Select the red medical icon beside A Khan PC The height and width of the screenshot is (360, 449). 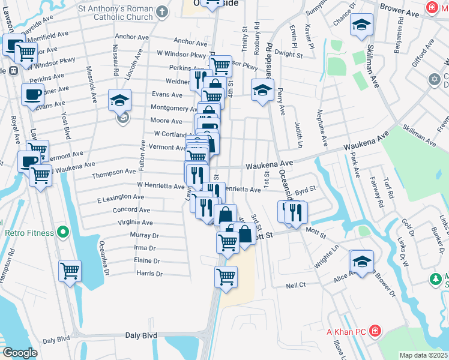pos(375,331)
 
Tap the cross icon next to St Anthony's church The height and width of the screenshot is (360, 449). pos(161,11)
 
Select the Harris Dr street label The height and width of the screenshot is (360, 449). pos(149,274)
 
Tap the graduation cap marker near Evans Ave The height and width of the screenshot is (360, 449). pos(120,98)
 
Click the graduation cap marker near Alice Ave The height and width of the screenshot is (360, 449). pos(362,259)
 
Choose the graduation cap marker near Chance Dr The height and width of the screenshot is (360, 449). pos(361,25)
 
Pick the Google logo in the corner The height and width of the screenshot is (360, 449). pos(20,353)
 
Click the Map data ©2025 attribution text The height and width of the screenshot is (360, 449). pos(424,355)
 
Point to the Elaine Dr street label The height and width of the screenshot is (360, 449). pos(147,261)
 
